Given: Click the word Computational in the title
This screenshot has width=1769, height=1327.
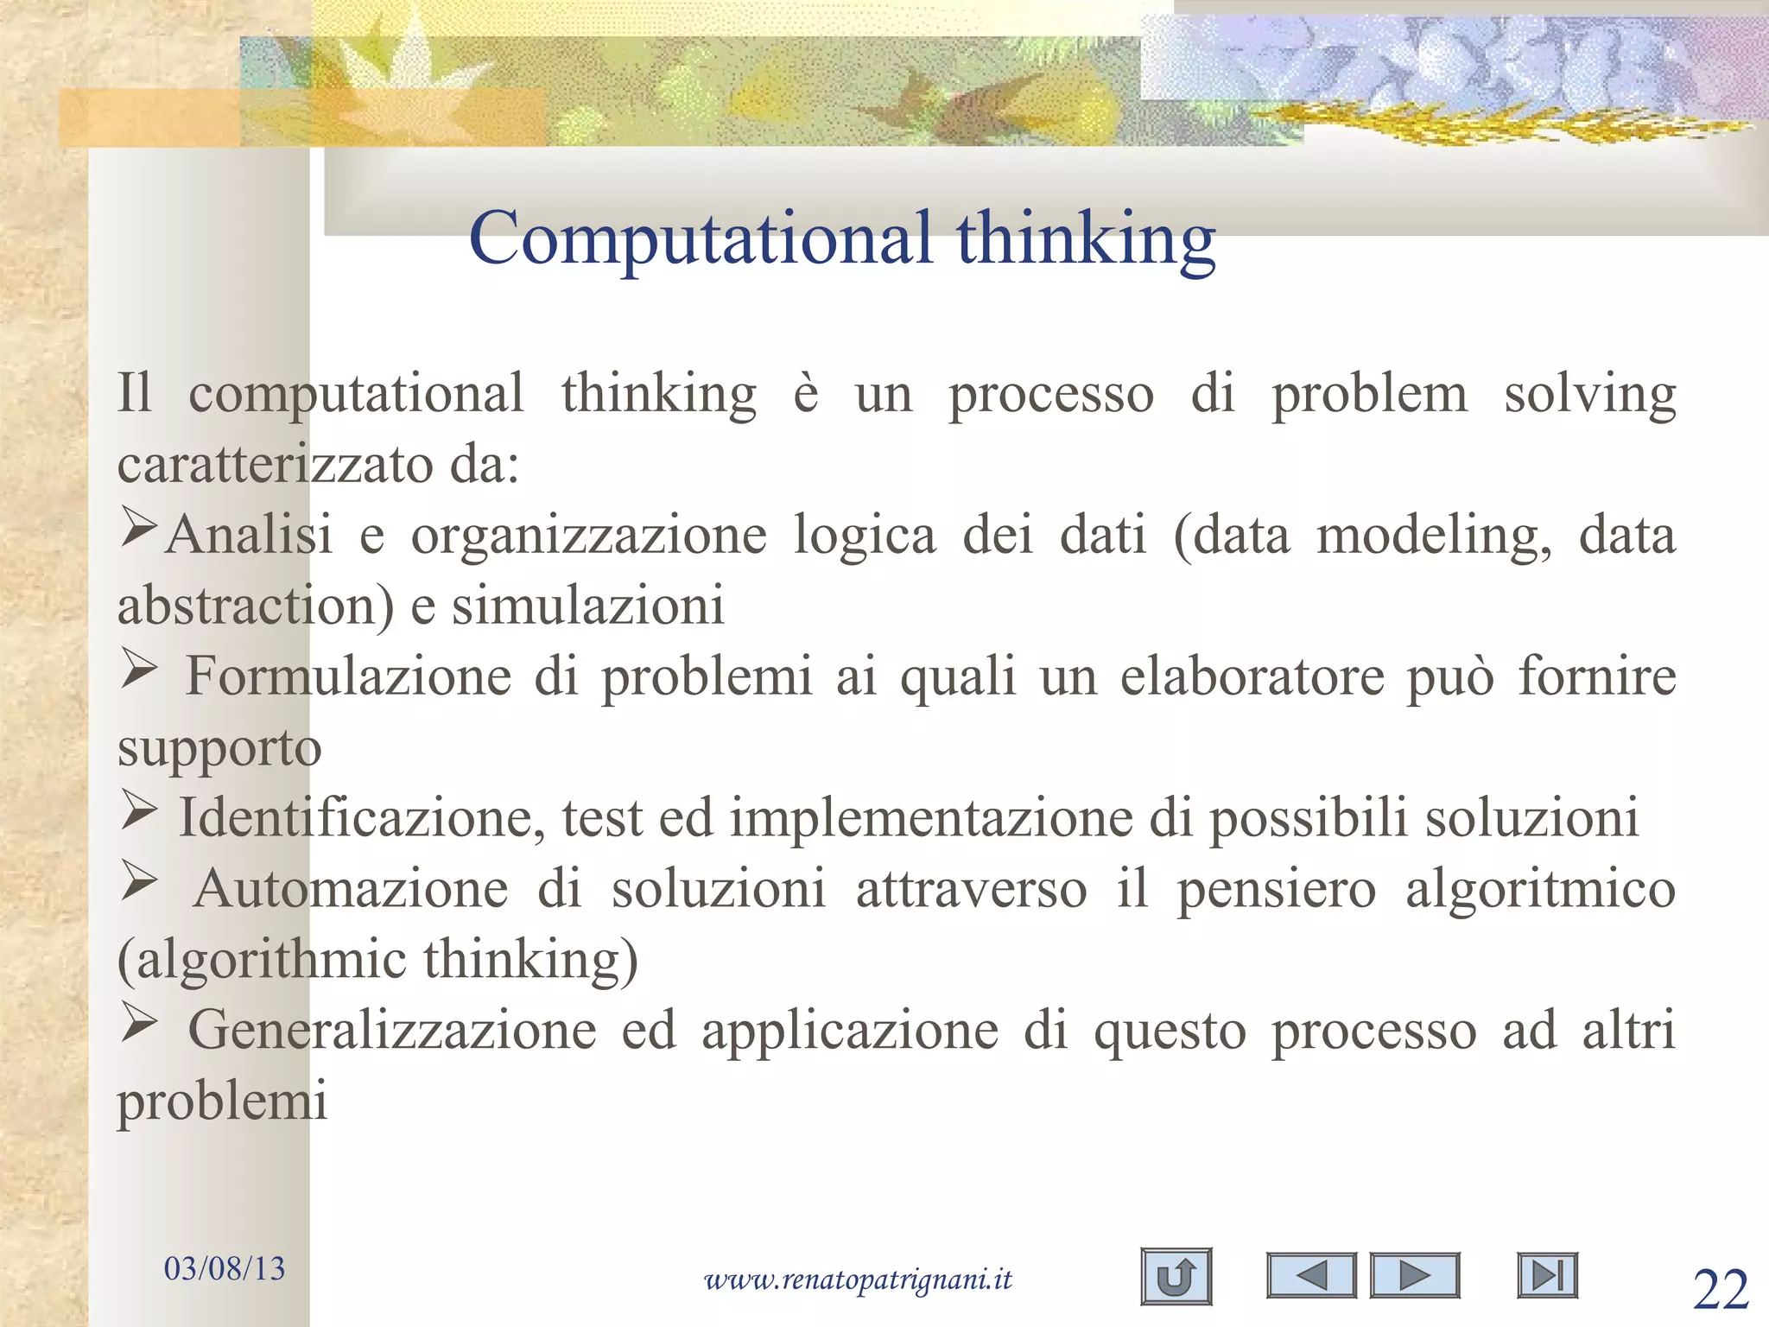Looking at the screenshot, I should [x=701, y=238].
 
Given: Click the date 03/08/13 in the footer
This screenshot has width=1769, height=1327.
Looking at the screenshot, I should [x=225, y=1268].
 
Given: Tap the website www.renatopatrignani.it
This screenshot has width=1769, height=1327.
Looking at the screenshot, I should [x=858, y=1279].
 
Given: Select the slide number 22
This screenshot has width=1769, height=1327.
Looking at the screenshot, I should [x=1721, y=1291].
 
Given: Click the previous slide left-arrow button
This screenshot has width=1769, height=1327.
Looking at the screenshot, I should [x=1311, y=1275].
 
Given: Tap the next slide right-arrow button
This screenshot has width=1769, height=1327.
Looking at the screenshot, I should [x=1414, y=1275].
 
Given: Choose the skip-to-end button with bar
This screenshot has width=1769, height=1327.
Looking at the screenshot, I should [x=1547, y=1275].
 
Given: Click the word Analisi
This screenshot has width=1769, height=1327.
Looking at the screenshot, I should [x=249, y=535].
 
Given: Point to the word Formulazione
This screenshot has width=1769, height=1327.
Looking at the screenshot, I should [x=349, y=676].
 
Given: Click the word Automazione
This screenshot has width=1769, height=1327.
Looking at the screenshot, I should [x=351, y=888].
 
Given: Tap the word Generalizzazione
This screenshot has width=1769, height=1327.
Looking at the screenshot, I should [x=392, y=1030].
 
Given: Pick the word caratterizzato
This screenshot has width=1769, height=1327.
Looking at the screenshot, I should [x=276, y=465].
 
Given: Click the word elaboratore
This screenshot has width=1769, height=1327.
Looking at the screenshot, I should [x=1252, y=676].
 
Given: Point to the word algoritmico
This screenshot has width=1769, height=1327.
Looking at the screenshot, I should [x=1540, y=890].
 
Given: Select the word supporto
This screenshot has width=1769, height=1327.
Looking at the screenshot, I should [x=219, y=748].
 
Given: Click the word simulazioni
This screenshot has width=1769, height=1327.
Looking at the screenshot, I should [x=588, y=606].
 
